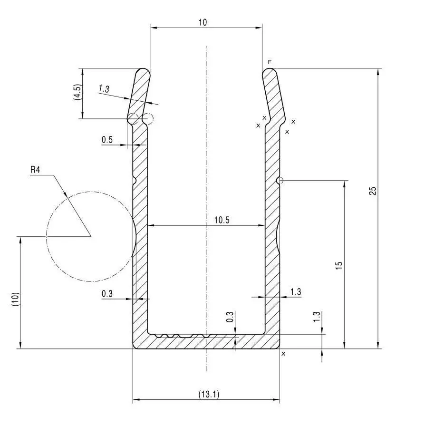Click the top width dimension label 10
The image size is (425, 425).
click(x=203, y=22)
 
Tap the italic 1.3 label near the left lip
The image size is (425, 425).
click(x=104, y=89)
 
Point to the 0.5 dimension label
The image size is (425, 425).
click(x=107, y=140)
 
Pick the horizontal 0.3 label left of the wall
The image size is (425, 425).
click(x=107, y=294)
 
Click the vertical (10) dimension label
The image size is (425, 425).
click(x=15, y=299)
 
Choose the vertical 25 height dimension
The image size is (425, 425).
click(x=373, y=191)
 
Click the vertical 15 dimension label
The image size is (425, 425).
click(x=339, y=266)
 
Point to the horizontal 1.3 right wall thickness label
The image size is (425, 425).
click(x=295, y=292)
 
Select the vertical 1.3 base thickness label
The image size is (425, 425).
click(x=318, y=317)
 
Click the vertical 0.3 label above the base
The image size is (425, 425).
click(x=230, y=318)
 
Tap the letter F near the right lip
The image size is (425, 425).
click(x=270, y=62)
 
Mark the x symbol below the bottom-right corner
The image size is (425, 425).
click(x=284, y=354)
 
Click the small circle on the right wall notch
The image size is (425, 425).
click(x=280, y=180)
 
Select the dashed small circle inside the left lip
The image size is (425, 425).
click(x=148, y=118)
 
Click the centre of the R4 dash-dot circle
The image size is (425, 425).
click(x=90, y=236)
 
